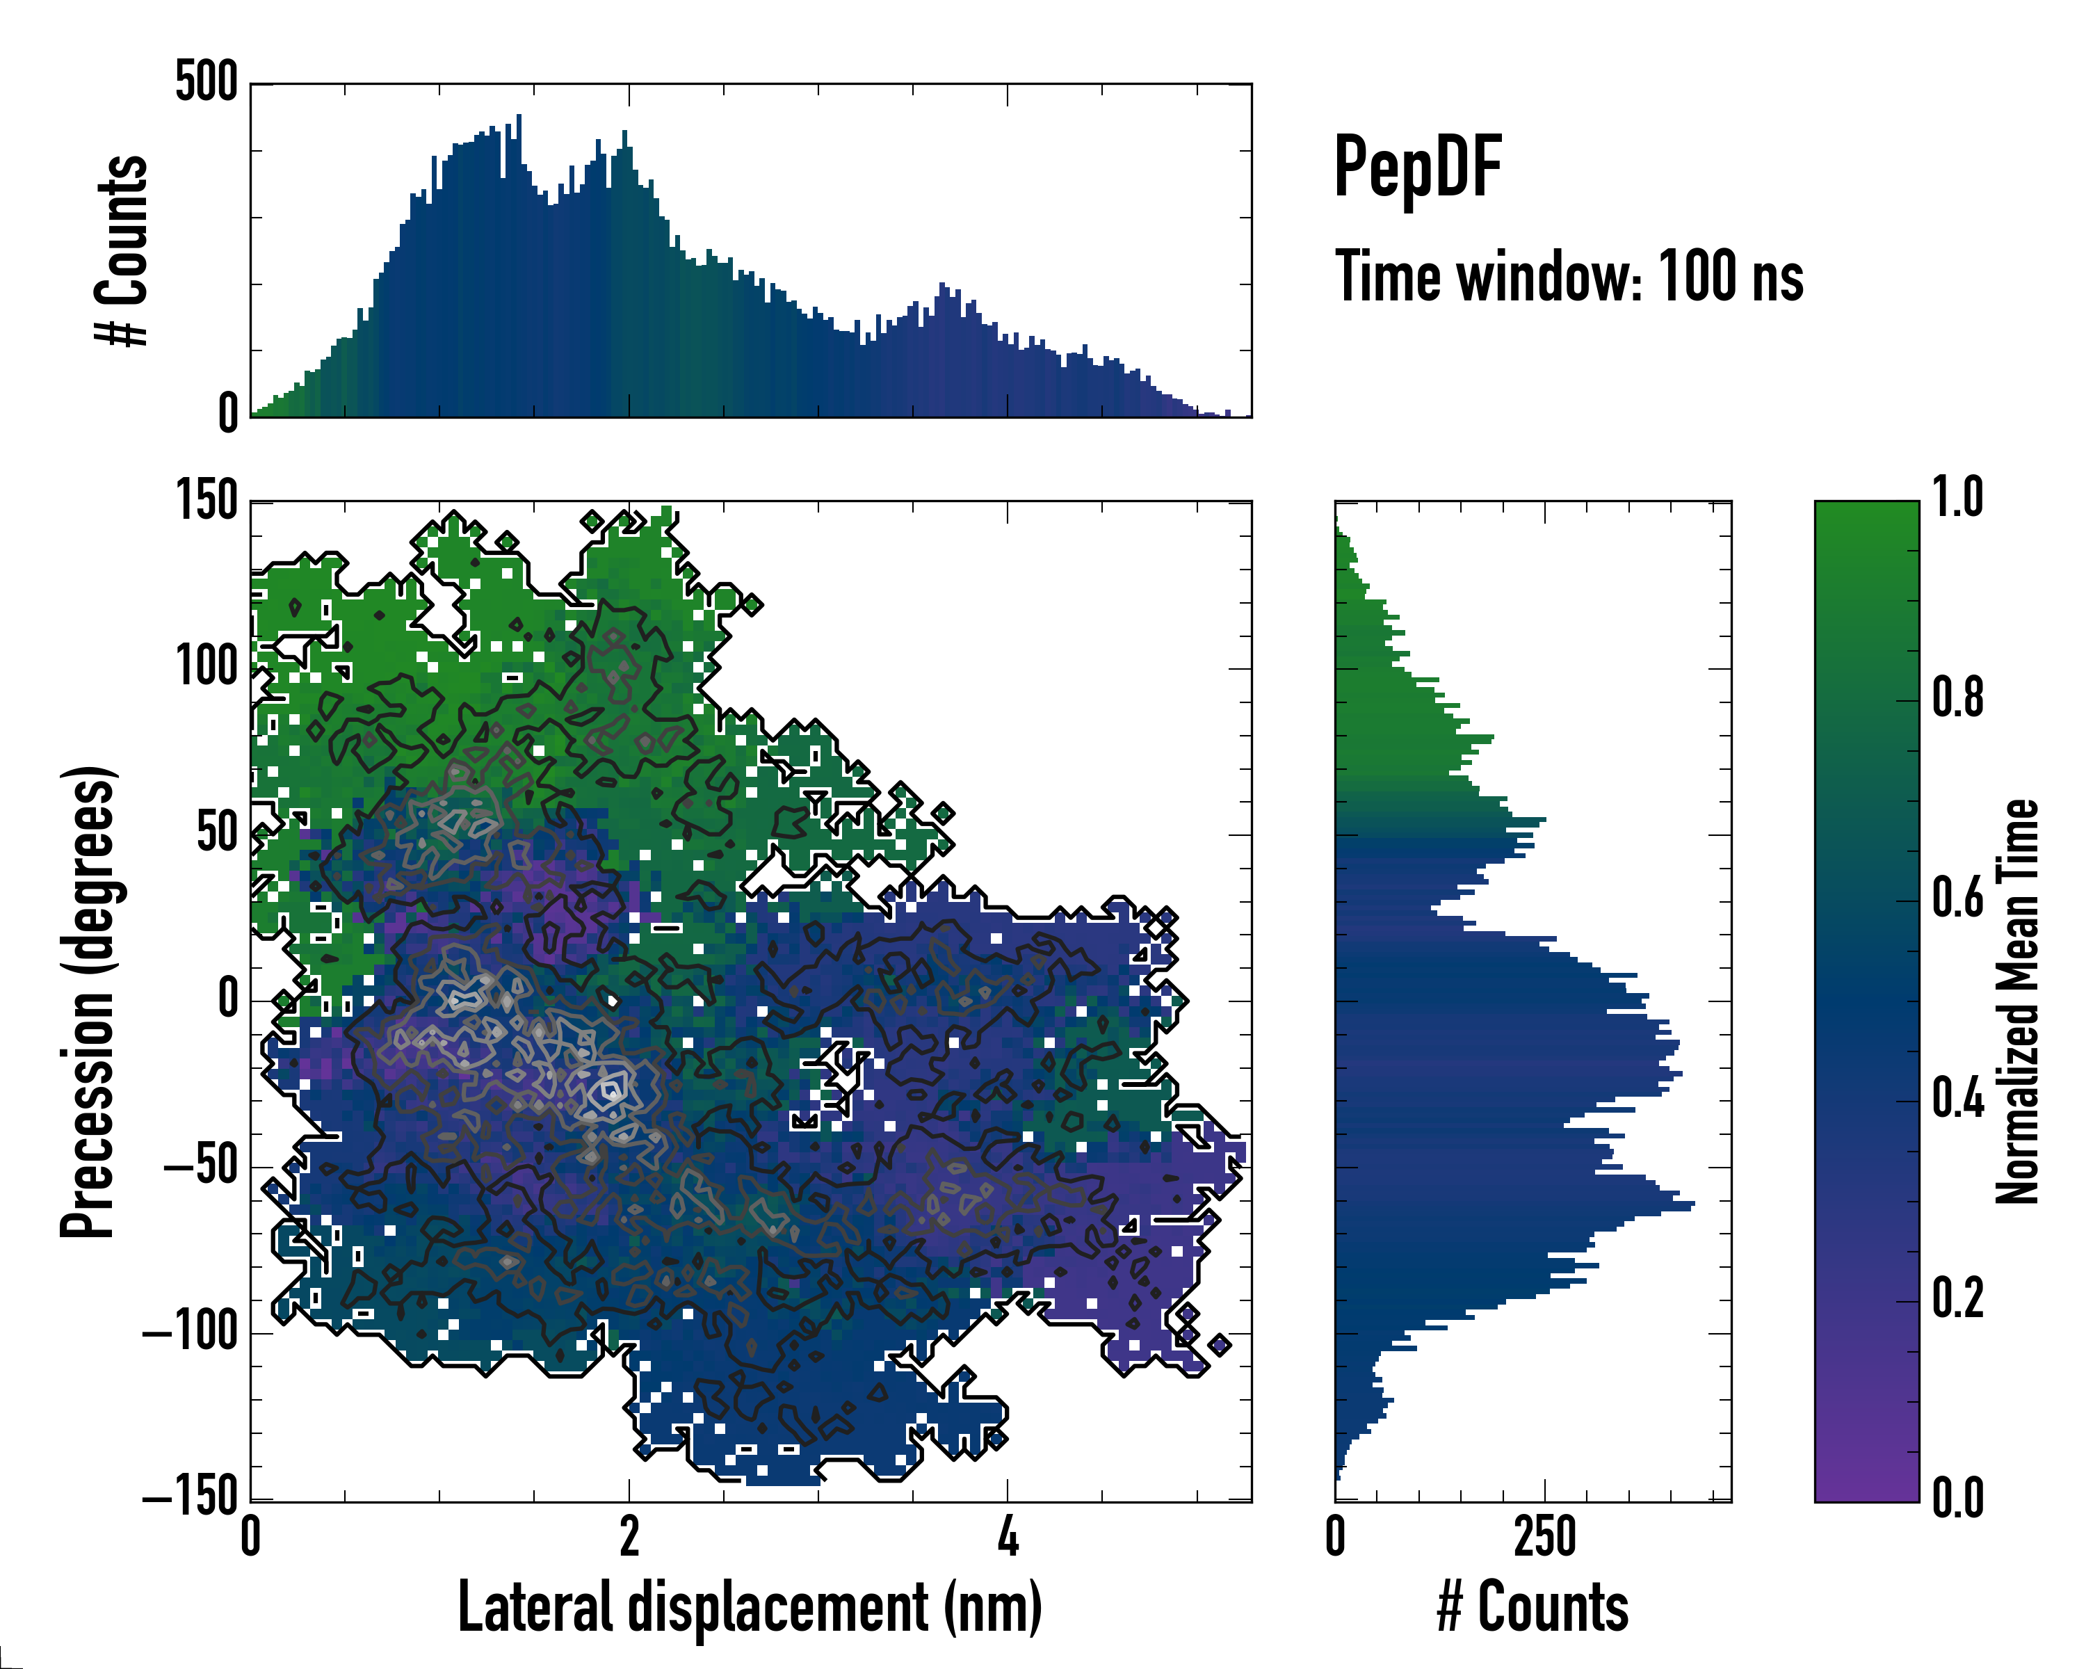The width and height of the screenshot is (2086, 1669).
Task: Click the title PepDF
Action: [x=1417, y=168]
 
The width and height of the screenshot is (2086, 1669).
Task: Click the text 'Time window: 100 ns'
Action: [x=1569, y=277]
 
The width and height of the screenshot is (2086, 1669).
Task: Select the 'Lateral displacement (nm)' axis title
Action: [x=750, y=1607]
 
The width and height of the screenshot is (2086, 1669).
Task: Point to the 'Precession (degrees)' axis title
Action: [x=88, y=1001]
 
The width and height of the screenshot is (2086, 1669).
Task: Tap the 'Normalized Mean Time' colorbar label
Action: [x=2017, y=1001]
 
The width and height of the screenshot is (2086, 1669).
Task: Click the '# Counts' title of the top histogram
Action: [x=122, y=250]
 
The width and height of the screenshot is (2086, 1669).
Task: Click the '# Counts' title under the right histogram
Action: [x=1533, y=1607]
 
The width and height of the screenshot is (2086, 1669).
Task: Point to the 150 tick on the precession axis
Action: [x=206, y=501]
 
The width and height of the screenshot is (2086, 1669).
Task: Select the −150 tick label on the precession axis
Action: [x=191, y=1499]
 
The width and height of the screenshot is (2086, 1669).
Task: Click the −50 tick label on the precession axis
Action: [x=200, y=1167]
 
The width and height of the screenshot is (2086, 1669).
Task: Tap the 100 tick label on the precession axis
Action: [x=206, y=668]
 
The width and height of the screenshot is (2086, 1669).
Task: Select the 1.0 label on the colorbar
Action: [x=1957, y=499]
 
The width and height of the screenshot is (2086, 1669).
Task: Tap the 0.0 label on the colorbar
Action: [x=1957, y=1498]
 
